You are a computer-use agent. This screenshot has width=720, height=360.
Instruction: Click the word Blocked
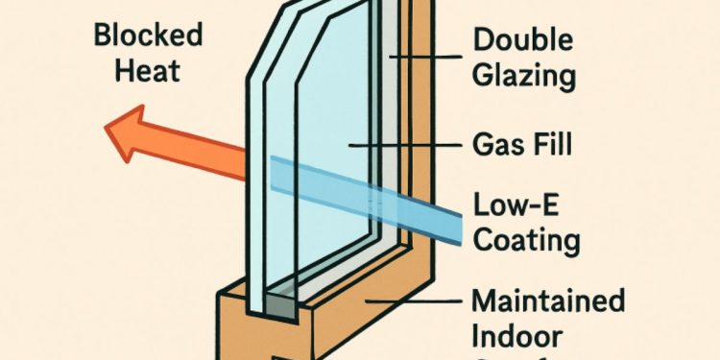click(149, 37)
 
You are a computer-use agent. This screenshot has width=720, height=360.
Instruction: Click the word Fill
click(552, 147)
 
